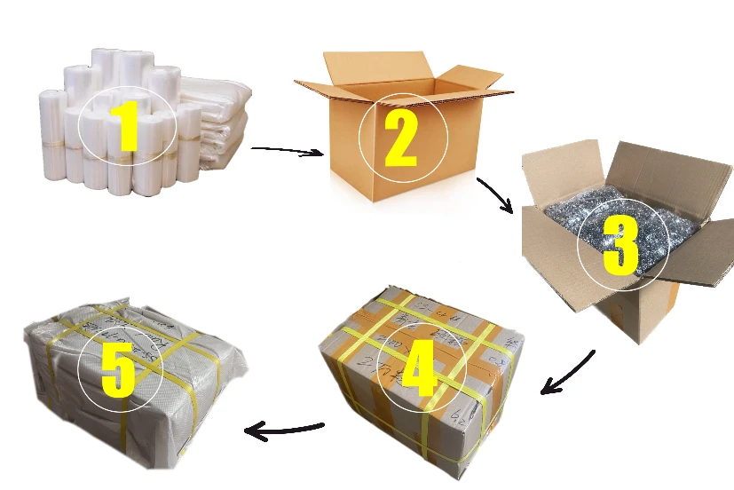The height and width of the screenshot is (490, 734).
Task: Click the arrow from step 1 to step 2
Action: point(287,151)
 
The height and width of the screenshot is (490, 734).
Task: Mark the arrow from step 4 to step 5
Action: point(284,431)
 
